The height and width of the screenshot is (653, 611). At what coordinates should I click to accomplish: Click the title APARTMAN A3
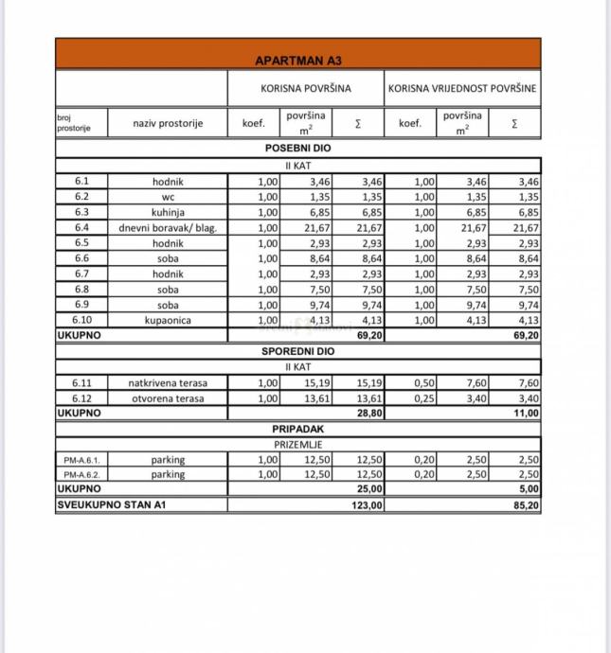click(x=297, y=61)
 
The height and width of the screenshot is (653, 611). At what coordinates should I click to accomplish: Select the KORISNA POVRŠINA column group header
click(x=306, y=88)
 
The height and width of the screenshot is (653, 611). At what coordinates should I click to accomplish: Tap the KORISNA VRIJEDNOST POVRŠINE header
click(x=462, y=88)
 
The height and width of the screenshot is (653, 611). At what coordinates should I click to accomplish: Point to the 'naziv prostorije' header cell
click(x=168, y=123)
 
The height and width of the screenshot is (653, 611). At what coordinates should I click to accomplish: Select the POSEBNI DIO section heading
click(x=297, y=149)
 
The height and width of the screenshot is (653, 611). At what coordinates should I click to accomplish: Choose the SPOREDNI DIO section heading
click(x=297, y=351)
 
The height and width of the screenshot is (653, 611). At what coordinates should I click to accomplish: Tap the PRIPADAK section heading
click(x=297, y=429)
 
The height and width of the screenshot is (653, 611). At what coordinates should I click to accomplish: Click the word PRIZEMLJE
click(x=299, y=444)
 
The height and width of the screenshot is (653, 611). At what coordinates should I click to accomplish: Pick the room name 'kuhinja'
click(x=168, y=213)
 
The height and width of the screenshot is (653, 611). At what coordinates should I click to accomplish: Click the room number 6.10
click(x=81, y=320)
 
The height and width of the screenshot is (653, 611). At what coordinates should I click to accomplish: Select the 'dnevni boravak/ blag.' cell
click(x=168, y=228)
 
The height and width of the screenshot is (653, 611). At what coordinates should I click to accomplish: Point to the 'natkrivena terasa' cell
click(x=168, y=383)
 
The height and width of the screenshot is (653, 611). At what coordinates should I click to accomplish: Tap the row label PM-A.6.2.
click(x=81, y=475)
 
